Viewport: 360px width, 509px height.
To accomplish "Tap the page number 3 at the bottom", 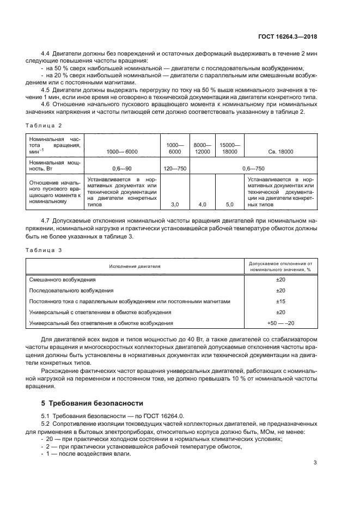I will point(315,463).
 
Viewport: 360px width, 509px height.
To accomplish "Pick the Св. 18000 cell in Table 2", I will point(280,151).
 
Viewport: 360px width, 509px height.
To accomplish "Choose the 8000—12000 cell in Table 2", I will point(202,147).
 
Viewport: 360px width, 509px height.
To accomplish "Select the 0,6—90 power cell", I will point(121,169).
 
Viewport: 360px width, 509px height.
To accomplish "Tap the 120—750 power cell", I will point(175,169).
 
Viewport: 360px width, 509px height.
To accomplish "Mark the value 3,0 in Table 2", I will point(175,204).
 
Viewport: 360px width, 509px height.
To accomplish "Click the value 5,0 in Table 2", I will point(229,204).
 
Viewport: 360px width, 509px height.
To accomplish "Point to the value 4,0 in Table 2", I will point(202,204).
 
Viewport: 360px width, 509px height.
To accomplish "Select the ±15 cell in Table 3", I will point(280,301).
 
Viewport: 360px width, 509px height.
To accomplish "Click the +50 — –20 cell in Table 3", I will point(280,323).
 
